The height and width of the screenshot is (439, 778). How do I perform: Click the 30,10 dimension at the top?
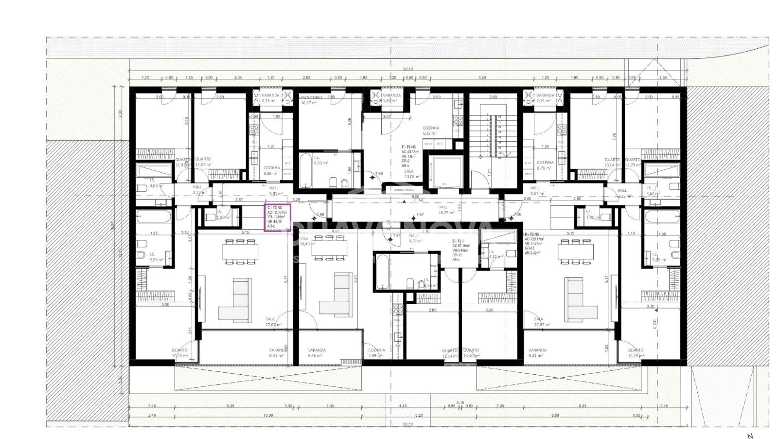[x=407, y=69]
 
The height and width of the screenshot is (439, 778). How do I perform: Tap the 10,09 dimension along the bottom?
[x=268, y=415]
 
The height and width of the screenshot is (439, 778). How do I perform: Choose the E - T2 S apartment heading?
[x=458, y=241]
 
